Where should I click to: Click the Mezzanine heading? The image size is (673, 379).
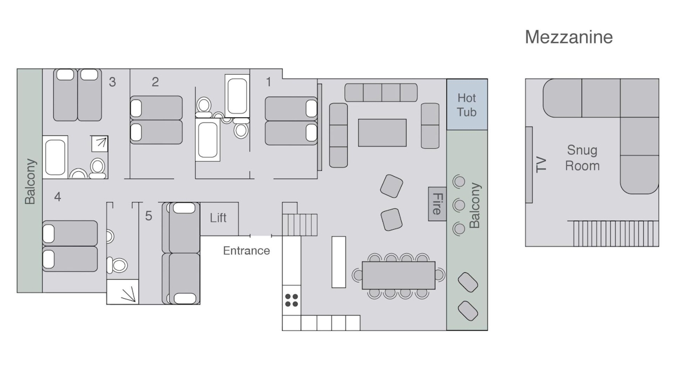click(x=569, y=37)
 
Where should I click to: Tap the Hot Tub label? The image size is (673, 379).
click(x=467, y=105)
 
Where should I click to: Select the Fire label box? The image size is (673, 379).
click(x=437, y=204)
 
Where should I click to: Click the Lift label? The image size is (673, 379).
click(x=218, y=218)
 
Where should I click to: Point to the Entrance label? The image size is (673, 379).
click(x=246, y=250)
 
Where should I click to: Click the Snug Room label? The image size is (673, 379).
click(x=582, y=158)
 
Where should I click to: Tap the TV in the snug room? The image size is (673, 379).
click(x=529, y=165)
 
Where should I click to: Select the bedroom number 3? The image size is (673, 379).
click(x=112, y=82)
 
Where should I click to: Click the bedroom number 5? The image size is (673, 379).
click(x=149, y=216)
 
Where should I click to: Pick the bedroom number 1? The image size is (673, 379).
click(x=269, y=82)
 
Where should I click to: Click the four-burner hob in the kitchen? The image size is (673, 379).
click(x=292, y=300)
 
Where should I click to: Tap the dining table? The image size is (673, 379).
click(x=398, y=276)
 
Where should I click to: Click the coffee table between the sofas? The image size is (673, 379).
click(x=382, y=133)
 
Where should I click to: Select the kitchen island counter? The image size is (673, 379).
click(x=339, y=262)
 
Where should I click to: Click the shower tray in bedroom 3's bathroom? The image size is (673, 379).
click(x=100, y=144)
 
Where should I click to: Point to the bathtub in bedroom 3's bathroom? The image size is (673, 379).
click(x=55, y=157)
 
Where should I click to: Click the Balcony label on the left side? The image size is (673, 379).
click(x=30, y=181)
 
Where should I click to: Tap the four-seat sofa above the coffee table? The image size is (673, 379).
click(x=381, y=92)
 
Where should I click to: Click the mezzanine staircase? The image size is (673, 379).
click(x=616, y=234)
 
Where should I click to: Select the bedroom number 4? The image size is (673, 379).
click(x=58, y=197)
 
